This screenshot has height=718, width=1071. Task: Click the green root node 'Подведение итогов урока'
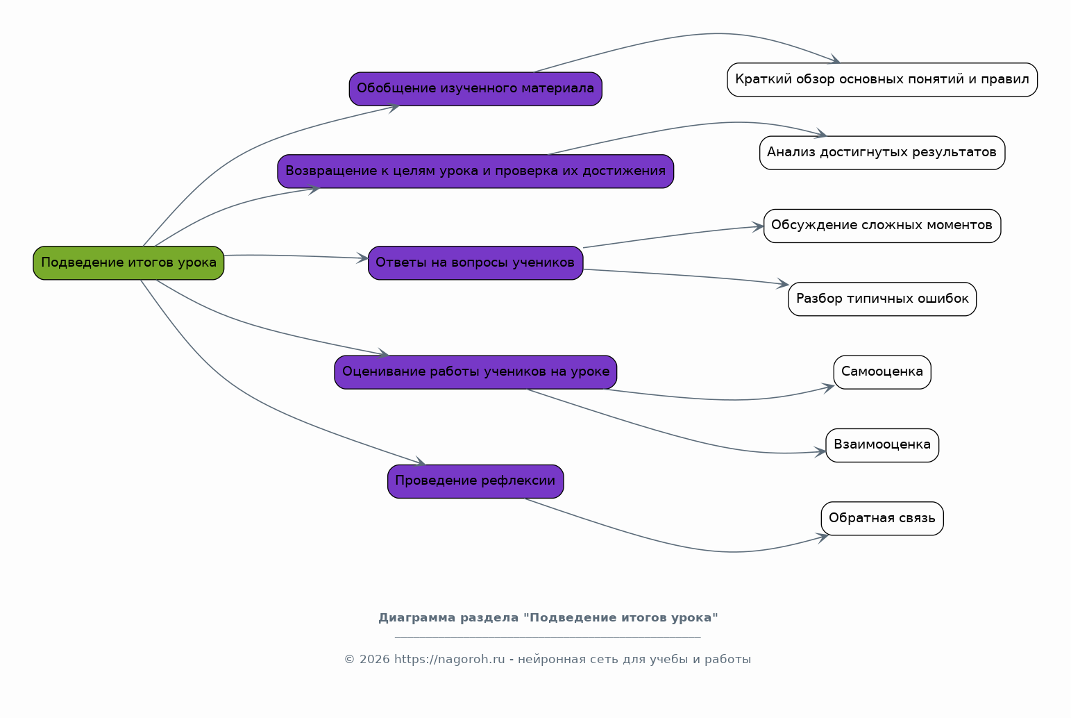click(x=128, y=263)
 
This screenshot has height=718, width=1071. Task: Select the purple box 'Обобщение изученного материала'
click(x=475, y=89)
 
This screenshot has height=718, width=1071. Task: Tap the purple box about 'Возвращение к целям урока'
click(x=475, y=172)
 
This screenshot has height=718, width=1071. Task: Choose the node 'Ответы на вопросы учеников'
click(x=475, y=263)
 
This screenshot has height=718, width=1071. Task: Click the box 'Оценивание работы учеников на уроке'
click(x=475, y=372)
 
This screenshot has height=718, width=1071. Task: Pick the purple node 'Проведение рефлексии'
click(x=475, y=481)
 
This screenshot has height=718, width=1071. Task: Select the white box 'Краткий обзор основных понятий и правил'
click(x=882, y=80)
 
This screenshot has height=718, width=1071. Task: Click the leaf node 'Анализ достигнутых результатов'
click(x=882, y=153)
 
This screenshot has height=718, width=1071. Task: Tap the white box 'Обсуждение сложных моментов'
click(x=882, y=226)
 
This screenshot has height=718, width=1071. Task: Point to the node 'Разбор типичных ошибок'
click(x=882, y=299)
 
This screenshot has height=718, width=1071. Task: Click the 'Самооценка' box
click(x=882, y=372)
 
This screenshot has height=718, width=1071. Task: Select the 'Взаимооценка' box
click(x=882, y=445)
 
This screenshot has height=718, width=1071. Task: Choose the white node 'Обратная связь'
click(x=882, y=519)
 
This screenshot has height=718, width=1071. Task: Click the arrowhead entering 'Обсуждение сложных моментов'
click(x=758, y=227)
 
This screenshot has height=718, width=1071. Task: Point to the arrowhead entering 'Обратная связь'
click(x=823, y=537)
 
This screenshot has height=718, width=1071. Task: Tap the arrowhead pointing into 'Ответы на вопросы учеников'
click(x=363, y=258)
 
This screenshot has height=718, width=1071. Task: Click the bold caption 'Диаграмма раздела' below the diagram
click(x=448, y=618)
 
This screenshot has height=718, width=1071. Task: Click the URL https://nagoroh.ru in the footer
click(x=450, y=660)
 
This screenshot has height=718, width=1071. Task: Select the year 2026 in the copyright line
click(x=374, y=660)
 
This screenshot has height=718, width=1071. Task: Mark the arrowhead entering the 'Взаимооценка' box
click(x=820, y=451)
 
